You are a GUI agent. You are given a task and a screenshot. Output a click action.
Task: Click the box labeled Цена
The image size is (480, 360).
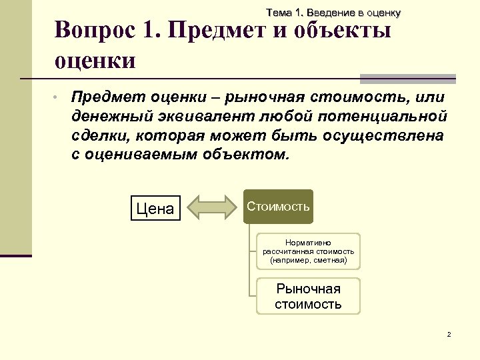tap(155, 208)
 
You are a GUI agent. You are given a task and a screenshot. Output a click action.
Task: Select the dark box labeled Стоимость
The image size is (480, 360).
tap(278, 207)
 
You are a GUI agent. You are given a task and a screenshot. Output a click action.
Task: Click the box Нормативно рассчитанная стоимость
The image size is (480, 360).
tap(309, 251)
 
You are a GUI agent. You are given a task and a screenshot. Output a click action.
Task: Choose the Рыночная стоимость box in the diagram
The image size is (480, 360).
tap(309, 297)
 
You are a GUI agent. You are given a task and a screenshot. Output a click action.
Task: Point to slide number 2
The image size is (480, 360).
tap(449, 334)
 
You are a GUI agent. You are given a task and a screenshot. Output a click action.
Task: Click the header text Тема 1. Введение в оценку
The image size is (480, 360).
tap(333, 13)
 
